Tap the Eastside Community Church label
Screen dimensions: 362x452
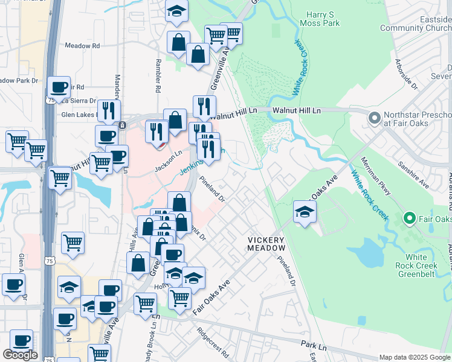[416, 23]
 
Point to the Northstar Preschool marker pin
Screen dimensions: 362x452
[374, 117]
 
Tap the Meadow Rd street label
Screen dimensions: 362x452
[82, 46]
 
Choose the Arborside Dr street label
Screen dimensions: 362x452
[406, 74]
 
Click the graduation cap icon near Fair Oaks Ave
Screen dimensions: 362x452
[305, 211]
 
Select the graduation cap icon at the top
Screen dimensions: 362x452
[177, 10]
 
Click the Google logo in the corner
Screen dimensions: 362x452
[20, 355]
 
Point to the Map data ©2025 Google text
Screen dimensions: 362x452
[415, 357]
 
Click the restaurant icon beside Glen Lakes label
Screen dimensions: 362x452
[109, 110]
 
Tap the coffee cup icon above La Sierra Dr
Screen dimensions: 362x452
[59, 86]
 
